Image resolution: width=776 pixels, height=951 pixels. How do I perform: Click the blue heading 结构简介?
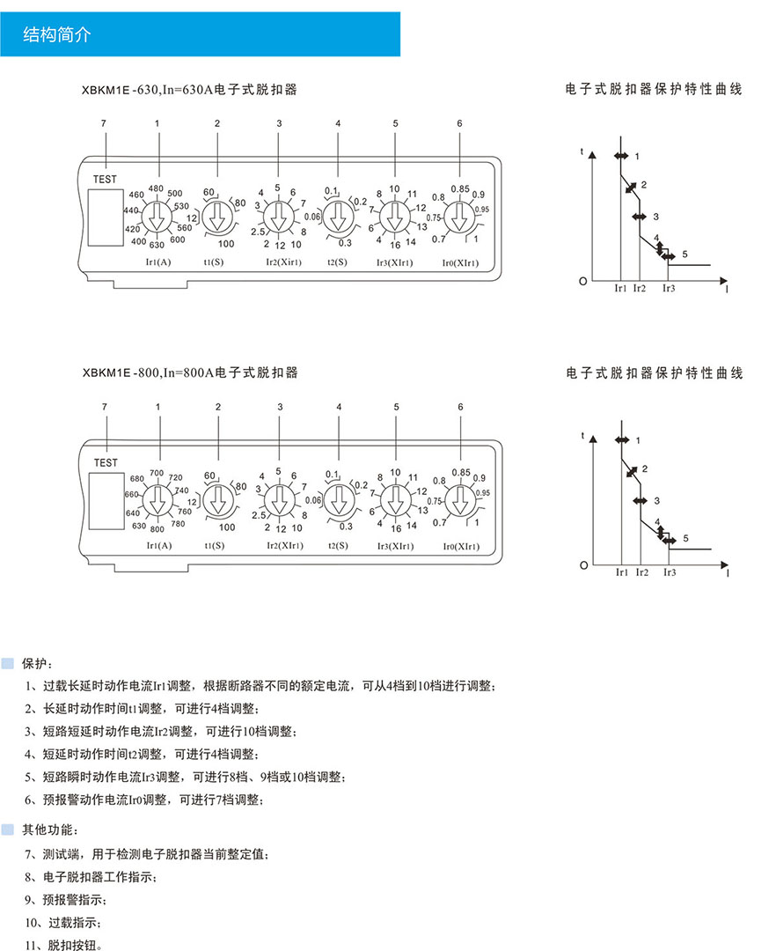pos(57,35)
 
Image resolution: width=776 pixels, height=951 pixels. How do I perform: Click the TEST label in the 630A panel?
pos(104,179)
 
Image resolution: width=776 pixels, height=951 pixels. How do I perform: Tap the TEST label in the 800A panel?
pos(105,462)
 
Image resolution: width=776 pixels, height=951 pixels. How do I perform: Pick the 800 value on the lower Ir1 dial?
pos(157,528)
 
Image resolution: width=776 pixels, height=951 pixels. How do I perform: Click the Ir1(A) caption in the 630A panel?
pos(158,262)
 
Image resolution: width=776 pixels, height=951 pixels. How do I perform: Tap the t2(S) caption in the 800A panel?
pos(339,545)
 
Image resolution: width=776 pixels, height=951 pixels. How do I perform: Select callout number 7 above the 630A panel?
pos(104,123)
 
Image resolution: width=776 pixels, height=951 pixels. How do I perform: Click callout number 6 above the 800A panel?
pos(460,407)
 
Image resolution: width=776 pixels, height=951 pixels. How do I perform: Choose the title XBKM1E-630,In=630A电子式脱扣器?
pos(190,90)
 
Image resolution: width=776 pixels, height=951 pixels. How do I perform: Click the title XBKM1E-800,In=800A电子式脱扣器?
pos(190,373)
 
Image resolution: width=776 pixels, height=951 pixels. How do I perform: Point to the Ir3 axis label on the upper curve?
pos(669,288)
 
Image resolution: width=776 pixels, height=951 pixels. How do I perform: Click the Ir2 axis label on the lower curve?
pos(640,572)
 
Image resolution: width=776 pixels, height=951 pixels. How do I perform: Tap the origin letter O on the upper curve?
pos(582,281)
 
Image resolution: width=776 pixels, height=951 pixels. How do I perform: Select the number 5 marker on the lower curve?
pos(686,538)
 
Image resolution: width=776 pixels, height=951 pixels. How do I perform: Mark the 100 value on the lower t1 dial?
pos(226,527)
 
